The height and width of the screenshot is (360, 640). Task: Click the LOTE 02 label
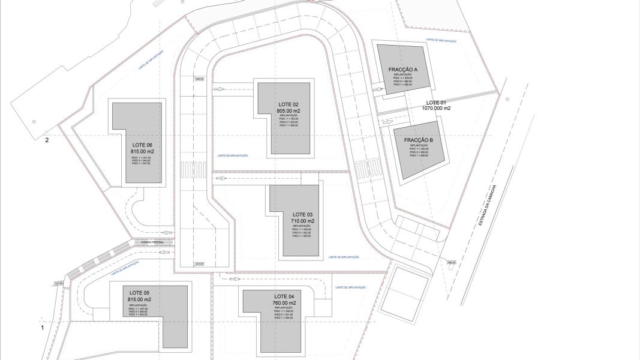[x=287, y=104]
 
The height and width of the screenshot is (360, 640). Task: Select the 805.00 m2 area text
[x=287, y=111]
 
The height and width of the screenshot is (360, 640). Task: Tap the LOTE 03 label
[x=302, y=214]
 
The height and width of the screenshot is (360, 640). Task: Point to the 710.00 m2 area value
[x=302, y=221]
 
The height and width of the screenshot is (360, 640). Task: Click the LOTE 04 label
[x=284, y=297]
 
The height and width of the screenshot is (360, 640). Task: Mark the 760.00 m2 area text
[x=284, y=304]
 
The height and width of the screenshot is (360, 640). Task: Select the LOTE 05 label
[x=139, y=293]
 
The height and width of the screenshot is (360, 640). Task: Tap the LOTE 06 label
[x=142, y=145]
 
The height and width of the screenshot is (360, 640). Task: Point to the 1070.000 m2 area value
[x=436, y=109]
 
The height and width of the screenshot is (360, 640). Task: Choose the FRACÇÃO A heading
[x=402, y=70]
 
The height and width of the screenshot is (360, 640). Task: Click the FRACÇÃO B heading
[x=418, y=140]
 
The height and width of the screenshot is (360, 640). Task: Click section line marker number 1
[x=42, y=328]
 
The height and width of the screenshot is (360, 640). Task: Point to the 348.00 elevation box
[x=199, y=79]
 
